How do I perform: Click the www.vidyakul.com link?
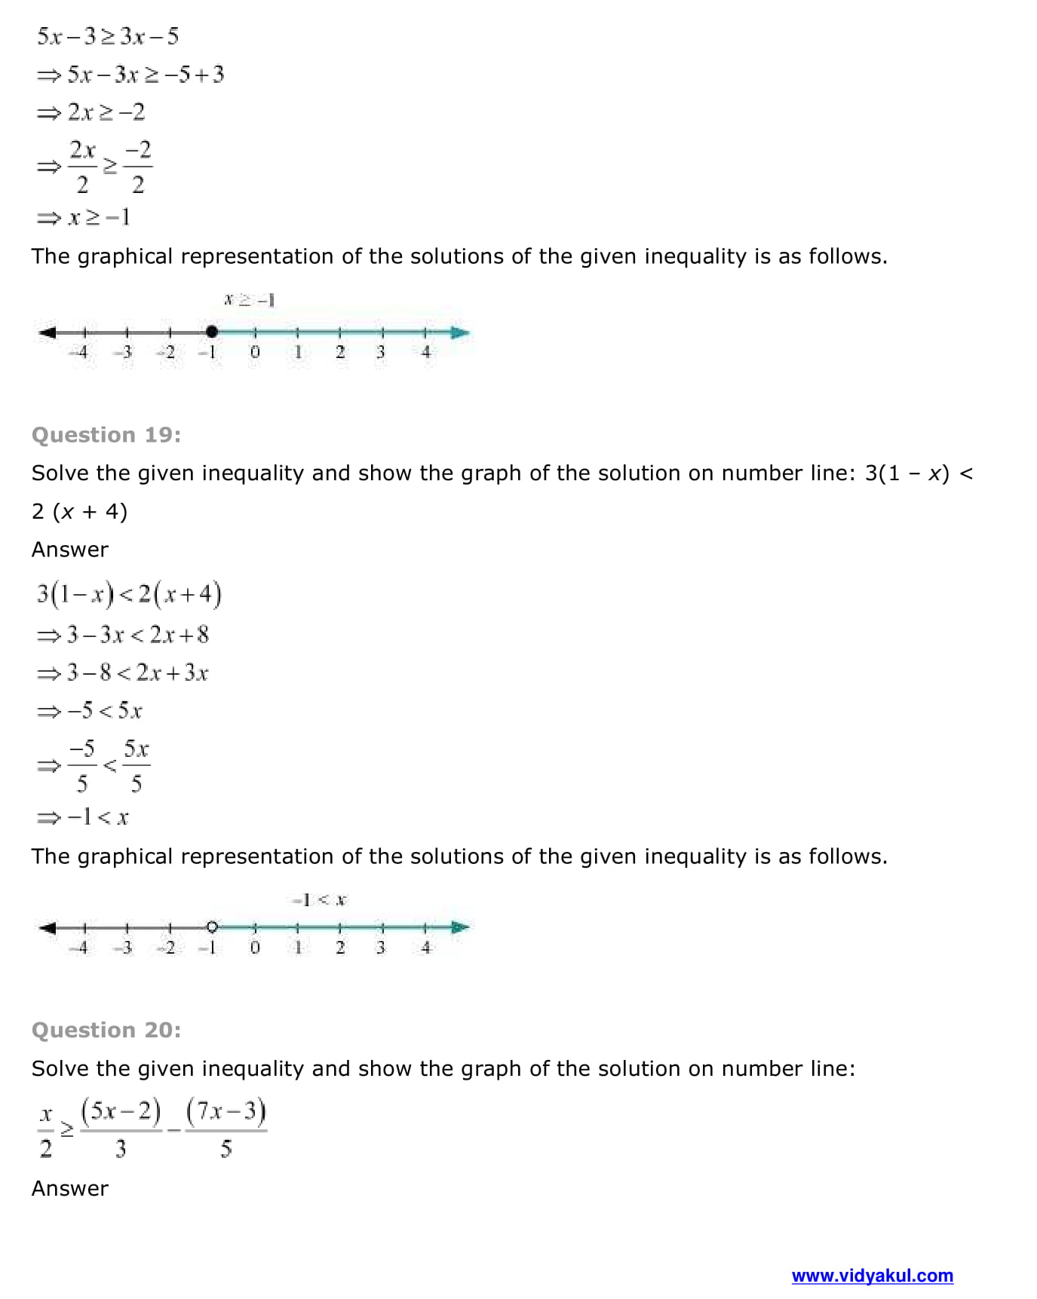[x=872, y=1276]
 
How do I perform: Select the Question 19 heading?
[x=106, y=435]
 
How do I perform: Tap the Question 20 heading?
[x=106, y=1030]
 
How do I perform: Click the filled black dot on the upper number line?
[x=212, y=332]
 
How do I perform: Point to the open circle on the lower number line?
[x=212, y=927]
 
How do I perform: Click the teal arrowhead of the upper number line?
[x=459, y=332]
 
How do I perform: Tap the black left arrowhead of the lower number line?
[x=48, y=927]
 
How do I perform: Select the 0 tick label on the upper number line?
[x=255, y=352]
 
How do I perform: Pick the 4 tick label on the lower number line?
[x=425, y=948]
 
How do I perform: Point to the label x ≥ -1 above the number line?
[x=249, y=300]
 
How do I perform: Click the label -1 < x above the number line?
[x=319, y=899]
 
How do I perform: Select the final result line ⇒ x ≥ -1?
[x=84, y=218]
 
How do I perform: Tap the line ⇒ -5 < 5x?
[x=90, y=711]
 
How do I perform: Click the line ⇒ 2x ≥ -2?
[x=91, y=112]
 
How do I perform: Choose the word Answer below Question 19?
[x=70, y=550]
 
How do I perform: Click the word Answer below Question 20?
[x=70, y=1188]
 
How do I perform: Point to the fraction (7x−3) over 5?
[x=226, y=1129]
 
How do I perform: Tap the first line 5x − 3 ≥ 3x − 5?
[x=108, y=36]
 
